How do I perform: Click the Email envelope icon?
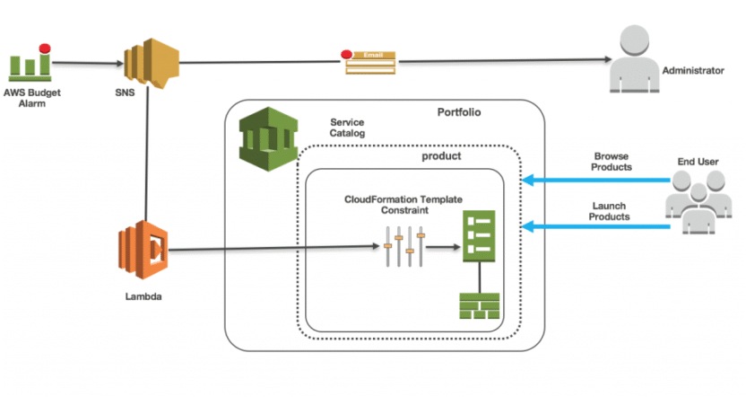coord(371,61)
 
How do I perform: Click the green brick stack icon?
coord(480,305)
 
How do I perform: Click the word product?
coord(441,155)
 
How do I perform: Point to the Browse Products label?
coord(612,162)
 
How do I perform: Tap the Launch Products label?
coord(611,211)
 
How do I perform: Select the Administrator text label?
coord(692,70)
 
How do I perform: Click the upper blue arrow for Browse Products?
coord(596,181)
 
